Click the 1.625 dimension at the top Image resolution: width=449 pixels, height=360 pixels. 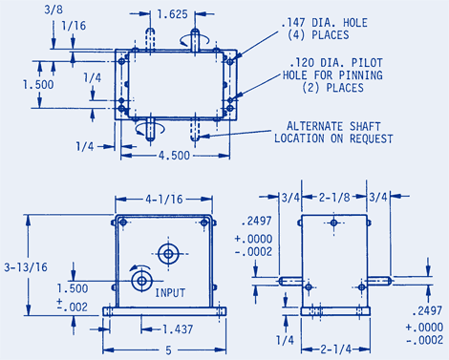172,15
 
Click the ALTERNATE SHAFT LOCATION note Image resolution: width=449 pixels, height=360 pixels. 334,132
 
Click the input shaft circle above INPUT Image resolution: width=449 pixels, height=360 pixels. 142,281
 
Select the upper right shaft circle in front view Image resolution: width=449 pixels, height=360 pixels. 171,254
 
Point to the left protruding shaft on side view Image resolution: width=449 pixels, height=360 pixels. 290,282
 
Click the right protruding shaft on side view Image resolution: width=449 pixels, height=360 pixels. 379,282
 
